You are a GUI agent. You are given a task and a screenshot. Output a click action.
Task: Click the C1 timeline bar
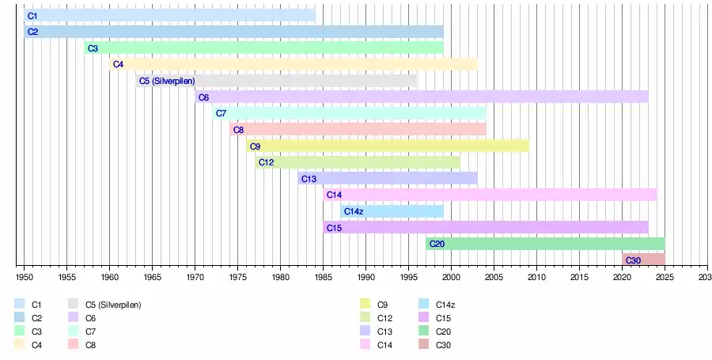[x=169, y=16]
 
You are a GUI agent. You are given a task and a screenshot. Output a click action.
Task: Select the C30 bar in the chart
[x=643, y=260]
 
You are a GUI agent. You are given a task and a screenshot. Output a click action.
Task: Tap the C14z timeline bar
[x=392, y=211]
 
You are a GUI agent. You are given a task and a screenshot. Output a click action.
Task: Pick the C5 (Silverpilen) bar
[x=276, y=81]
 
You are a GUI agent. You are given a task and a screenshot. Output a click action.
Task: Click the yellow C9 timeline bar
[x=387, y=146]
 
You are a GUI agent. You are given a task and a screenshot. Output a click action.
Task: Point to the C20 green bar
[x=545, y=244]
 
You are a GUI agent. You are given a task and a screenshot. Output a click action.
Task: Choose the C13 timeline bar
[x=388, y=179]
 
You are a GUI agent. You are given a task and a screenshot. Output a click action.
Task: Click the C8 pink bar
[x=358, y=130]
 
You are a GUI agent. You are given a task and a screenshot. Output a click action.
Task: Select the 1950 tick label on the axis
[x=25, y=279]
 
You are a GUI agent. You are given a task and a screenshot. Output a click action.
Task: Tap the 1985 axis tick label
[x=324, y=279]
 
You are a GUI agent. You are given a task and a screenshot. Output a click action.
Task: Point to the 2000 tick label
[x=451, y=279]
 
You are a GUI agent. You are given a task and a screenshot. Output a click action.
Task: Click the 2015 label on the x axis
[x=579, y=279]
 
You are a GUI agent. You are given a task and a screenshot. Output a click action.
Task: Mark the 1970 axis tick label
[x=195, y=279]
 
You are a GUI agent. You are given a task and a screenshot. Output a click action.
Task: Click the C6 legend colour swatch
[x=73, y=317]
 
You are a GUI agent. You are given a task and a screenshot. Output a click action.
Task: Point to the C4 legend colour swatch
[x=19, y=345]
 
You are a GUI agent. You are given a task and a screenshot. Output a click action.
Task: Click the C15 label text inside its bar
[x=333, y=228]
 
